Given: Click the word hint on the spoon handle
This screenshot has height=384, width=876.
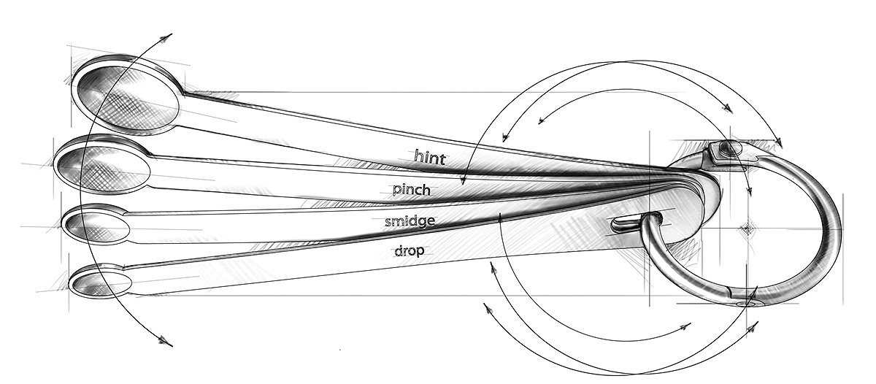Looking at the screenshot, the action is [x=430, y=157].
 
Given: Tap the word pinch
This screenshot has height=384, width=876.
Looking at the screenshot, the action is [x=412, y=190].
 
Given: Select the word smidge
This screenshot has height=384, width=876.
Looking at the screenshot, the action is [x=410, y=221].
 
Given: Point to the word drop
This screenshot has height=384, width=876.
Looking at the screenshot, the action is [x=409, y=250].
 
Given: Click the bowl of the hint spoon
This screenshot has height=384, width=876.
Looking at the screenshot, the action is [x=128, y=96].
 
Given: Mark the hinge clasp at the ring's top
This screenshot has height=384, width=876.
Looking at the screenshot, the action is [x=727, y=154].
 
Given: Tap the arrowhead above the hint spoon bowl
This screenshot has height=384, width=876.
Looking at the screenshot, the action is [x=166, y=38].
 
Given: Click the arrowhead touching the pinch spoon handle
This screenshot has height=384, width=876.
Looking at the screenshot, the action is [x=463, y=180].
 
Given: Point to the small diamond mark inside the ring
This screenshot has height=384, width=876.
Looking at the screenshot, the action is [x=748, y=229].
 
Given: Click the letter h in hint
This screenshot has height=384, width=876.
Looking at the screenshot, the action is [x=418, y=155].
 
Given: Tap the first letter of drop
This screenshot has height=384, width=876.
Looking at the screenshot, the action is [x=399, y=250].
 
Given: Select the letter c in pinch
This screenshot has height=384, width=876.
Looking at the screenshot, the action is [x=415, y=191].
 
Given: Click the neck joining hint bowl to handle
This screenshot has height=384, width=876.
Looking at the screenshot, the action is [x=184, y=92].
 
